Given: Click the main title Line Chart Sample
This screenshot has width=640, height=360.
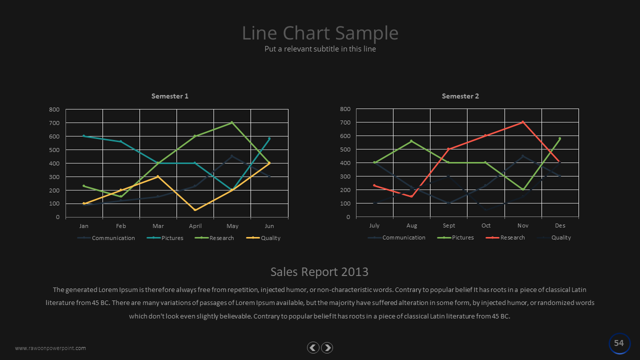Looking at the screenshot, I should click(320, 33).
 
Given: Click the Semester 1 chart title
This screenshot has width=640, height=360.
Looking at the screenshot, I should click(170, 96).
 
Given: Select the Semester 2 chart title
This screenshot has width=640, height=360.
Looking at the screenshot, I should click(460, 96).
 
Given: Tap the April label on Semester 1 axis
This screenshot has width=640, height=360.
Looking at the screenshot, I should click(195, 226).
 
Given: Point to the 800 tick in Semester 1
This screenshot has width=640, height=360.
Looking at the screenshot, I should click(54, 109).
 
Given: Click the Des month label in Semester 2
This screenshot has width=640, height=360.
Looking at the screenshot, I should click(559, 225).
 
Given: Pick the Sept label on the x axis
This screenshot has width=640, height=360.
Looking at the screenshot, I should click(448, 225).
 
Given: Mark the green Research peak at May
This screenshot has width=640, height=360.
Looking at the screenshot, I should click(232, 122).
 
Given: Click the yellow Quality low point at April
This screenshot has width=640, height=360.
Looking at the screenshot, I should click(195, 210).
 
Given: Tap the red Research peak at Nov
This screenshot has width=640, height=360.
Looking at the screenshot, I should click(522, 122).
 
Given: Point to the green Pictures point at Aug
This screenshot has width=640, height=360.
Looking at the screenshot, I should click(411, 141).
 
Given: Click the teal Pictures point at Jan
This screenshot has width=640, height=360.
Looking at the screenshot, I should click(84, 136).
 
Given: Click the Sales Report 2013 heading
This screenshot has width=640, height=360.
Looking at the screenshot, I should click(319, 271).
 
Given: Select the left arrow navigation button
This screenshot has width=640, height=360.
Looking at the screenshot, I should click(313, 347).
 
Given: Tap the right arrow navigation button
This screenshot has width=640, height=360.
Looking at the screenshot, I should click(327, 347).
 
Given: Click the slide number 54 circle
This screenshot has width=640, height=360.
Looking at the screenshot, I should click(619, 343).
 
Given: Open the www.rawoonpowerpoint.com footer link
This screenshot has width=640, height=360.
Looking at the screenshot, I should click(50, 348).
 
